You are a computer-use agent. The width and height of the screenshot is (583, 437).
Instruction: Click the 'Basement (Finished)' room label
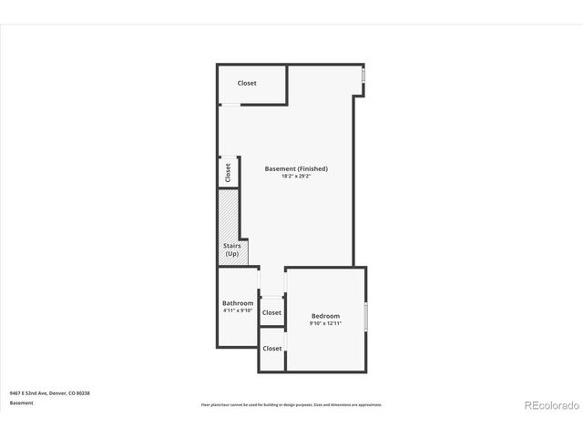tap(296, 168)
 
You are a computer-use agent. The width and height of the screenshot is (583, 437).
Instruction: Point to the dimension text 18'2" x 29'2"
tap(296, 176)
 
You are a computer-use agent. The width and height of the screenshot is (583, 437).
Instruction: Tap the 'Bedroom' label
tap(325, 316)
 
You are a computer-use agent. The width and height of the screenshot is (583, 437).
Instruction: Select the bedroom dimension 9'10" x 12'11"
tap(325, 323)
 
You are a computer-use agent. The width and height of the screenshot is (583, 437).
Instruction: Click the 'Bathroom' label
tap(238, 303)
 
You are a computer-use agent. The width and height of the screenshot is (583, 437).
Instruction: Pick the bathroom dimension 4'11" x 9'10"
tap(238, 310)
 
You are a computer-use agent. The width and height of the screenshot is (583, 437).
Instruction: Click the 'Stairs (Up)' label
tap(231, 249)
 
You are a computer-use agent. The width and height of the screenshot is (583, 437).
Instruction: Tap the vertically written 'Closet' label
tap(228, 171)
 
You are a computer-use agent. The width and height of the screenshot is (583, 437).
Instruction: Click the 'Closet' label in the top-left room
tap(247, 83)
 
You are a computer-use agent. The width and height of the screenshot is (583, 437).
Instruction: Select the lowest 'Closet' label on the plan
tap(271, 348)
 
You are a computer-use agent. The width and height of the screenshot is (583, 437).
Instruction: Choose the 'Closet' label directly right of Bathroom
tap(271, 312)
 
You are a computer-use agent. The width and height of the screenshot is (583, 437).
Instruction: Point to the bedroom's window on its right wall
tap(365, 316)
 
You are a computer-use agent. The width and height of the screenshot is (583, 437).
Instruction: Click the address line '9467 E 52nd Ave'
tap(49, 393)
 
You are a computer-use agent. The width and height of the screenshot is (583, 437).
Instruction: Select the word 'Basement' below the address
tap(22, 402)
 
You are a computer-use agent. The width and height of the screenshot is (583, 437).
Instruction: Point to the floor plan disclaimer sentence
tap(291, 404)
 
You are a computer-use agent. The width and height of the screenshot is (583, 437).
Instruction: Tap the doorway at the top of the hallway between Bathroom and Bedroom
tap(271, 269)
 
